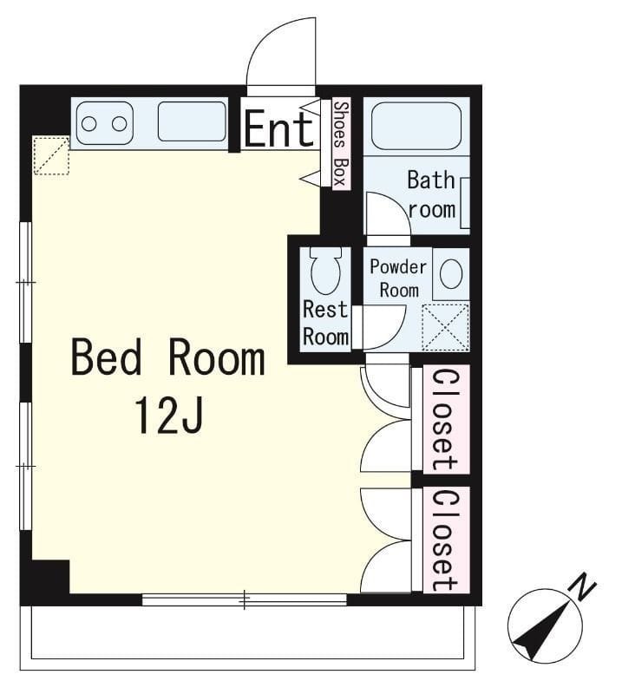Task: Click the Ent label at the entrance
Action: click(x=279, y=129)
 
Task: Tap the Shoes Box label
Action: click(x=341, y=143)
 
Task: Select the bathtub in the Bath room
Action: click(x=416, y=126)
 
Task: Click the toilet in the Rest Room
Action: click(x=326, y=271)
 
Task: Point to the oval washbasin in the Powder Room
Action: click(x=451, y=274)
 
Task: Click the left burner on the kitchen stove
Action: click(x=89, y=124)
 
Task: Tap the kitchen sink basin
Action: click(x=192, y=121)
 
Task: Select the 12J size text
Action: click(x=169, y=416)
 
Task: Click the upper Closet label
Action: click(x=444, y=419)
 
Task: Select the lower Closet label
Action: click(x=444, y=540)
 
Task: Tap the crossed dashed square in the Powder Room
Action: click(x=446, y=328)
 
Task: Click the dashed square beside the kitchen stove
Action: click(x=51, y=155)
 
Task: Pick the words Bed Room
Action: click(x=168, y=357)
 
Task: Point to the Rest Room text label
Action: click(x=326, y=323)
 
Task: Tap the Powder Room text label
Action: click(x=398, y=278)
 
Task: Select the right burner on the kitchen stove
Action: click(x=119, y=124)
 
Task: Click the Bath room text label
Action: click(x=431, y=194)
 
